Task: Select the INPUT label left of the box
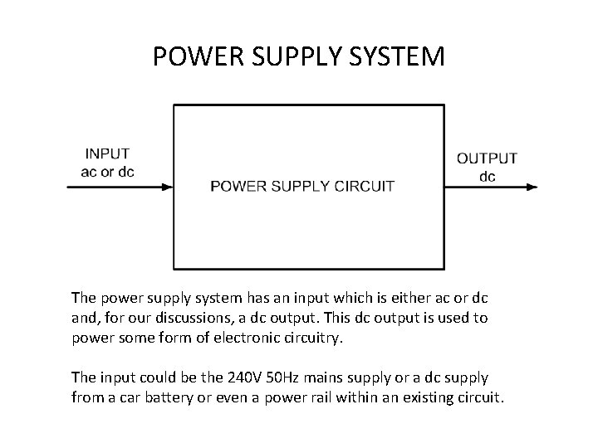(107, 153)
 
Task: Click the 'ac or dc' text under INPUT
(107, 172)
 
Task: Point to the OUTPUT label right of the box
(488, 158)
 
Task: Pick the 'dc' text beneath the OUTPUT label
(488, 176)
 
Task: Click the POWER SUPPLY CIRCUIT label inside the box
(302, 186)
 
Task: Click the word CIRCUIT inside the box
(363, 186)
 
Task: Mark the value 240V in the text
(213, 377)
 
